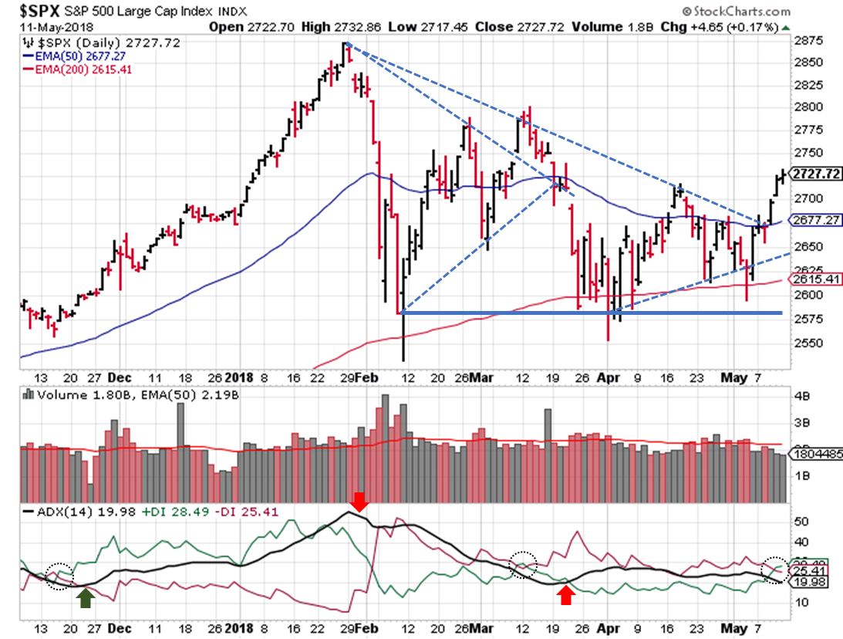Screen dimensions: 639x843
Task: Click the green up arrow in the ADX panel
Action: [x=85, y=597]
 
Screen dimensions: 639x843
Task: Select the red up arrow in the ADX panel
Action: [x=566, y=595]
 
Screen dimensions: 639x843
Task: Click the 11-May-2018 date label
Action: [x=51, y=25]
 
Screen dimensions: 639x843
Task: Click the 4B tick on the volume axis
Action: [x=801, y=397]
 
